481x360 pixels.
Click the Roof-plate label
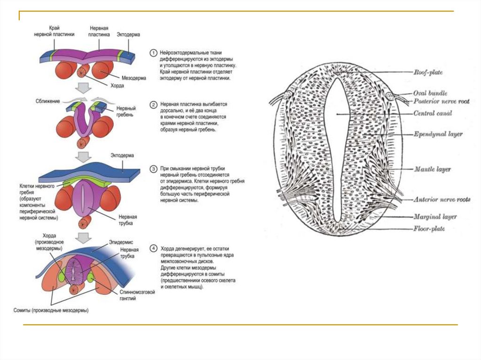(x=428, y=72)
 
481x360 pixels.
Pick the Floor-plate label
(x=429, y=229)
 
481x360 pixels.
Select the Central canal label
(x=433, y=113)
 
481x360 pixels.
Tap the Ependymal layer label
(x=438, y=134)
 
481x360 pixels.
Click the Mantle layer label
(x=432, y=169)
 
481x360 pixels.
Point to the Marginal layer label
(x=435, y=217)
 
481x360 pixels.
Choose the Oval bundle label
(x=430, y=93)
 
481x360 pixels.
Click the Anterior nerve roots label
(x=442, y=199)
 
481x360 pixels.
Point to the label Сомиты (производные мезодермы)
(x=51, y=310)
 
